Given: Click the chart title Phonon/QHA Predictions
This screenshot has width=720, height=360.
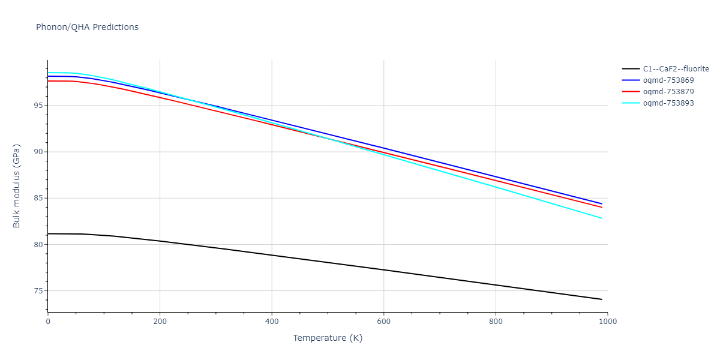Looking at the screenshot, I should coord(87,27).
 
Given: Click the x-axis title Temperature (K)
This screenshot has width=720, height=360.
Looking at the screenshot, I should coord(328,338).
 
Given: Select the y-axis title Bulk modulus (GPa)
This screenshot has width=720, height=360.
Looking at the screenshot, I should coord(17,186).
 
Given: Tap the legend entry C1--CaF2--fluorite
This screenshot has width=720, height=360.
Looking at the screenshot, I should coord(676,68).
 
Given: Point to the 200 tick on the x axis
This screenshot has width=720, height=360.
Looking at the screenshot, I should coord(160,321).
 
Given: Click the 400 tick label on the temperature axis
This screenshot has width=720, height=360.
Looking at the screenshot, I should coord(272,321).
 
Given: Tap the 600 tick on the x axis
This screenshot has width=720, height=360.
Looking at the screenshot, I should coord(384,321).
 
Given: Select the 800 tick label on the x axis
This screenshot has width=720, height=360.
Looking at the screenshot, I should coord(496,321).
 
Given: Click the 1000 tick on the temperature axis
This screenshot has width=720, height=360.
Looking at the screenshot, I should coord(607,321).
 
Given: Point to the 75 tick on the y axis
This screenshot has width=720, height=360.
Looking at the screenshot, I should coord(39,291).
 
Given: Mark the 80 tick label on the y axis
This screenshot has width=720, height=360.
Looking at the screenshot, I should coord(39,244).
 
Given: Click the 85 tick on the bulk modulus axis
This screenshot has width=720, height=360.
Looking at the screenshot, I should coord(39,198).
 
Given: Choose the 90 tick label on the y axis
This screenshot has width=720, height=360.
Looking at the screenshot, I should coord(39,152).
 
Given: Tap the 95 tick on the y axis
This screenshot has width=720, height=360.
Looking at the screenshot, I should coord(39,106).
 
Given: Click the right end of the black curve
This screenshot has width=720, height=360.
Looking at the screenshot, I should coord(602,299).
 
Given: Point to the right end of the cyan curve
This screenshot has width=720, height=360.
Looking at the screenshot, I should coord(602,218).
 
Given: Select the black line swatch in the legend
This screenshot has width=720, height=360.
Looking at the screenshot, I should coord(630,68).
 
